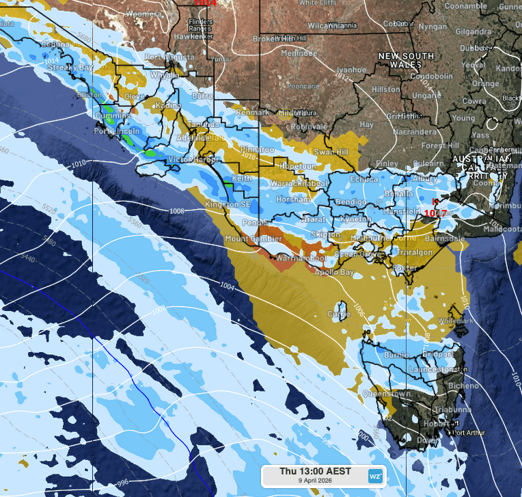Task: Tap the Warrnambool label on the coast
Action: click(295, 259)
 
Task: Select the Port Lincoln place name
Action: click(117, 131)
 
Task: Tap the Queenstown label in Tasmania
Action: click(387, 394)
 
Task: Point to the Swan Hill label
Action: click(331, 152)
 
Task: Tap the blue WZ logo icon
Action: click(375, 475)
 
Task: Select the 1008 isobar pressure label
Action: click(177, 211)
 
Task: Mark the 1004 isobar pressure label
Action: click(228, 288)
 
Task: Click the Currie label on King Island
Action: click(339, 314)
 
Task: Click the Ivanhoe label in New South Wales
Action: click(351, 70)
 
